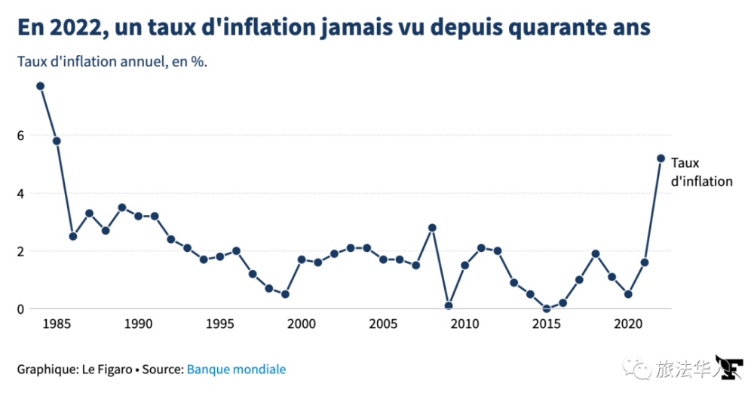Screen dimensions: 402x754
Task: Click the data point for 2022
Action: click(661, 158)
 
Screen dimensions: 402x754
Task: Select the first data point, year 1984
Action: click(41, 86)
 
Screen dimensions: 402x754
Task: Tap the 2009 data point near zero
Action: click(449, 305)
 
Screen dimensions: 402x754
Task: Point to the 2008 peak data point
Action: click(432, 228)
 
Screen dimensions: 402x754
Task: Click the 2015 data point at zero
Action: click(547, 308)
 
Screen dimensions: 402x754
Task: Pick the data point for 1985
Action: click(57, 141)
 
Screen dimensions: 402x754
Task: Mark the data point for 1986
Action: click(73, 236)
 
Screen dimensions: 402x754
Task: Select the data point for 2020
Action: click(628, 294)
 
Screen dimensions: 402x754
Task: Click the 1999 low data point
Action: click(285, 294)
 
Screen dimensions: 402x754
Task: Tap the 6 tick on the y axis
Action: click(21, 136)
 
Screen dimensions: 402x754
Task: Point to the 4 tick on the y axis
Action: click(21, 194)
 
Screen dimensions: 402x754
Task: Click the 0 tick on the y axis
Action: click(21, 308)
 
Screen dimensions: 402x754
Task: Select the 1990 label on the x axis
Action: click(138, 324)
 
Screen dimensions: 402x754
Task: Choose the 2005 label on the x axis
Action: click(383, 324)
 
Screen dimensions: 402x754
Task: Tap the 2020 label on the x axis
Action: click(628, 324)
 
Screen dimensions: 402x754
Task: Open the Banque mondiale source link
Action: click(236, 370)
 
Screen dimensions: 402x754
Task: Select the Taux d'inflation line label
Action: click(700, 172)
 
